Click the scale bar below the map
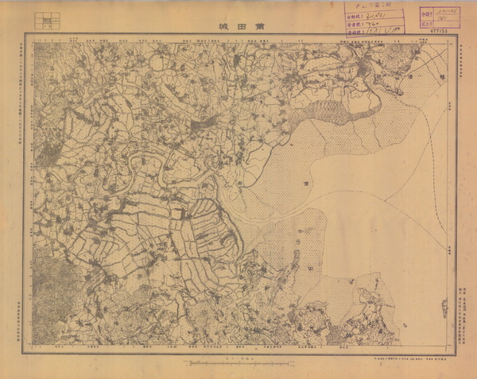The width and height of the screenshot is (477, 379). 238,362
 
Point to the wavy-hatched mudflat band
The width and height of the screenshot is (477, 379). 326,111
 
